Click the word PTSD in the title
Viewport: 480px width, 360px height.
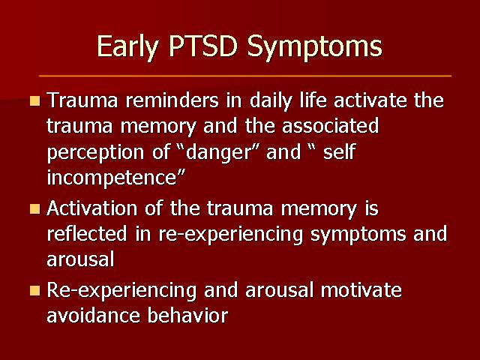coord(203,46)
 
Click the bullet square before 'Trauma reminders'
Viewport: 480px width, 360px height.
coord(35,101)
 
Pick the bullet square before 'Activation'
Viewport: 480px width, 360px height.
coord(35,209)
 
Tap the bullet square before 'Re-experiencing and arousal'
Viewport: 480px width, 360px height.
coord(35,290)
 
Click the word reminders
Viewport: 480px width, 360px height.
coord(172,100)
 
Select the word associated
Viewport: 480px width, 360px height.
coord(330,126)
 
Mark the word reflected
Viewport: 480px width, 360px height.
coord(87,233)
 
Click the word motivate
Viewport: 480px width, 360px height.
coord(361,289)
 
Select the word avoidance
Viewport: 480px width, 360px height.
coord(93,315)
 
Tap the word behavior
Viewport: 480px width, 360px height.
coord(188,315)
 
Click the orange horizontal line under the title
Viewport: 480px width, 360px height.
coord(245,76)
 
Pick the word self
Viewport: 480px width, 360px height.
coord(339,151)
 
